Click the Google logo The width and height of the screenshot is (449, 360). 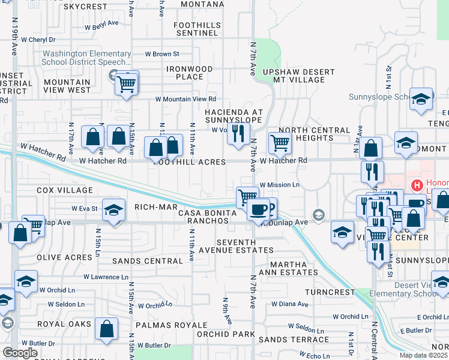click(x=20, y=353)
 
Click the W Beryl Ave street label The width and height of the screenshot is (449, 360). click(x=102, y=27)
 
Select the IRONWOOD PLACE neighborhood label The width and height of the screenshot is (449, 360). click(x=190, y=73)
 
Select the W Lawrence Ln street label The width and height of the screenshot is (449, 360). click(x=106, y=277)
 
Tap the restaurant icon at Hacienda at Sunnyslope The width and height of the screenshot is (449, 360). click(x=239, y=134)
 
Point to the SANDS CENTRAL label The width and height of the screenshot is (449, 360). click(x=147, y=261)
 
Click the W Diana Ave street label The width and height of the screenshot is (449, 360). click(x=290, y=304)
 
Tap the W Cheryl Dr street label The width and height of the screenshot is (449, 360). click(x=40, y=40)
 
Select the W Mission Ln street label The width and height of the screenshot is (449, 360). click(x=279, y=185)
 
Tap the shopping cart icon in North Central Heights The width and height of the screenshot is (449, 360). click(x=280, y=142)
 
